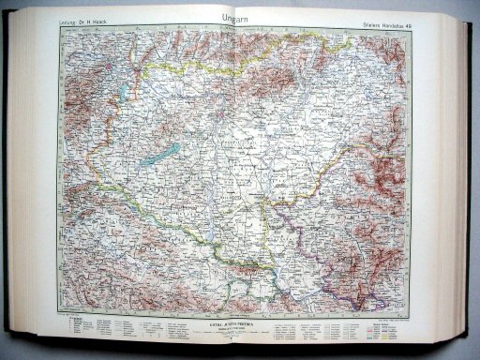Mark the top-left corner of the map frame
tap(61, 27)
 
